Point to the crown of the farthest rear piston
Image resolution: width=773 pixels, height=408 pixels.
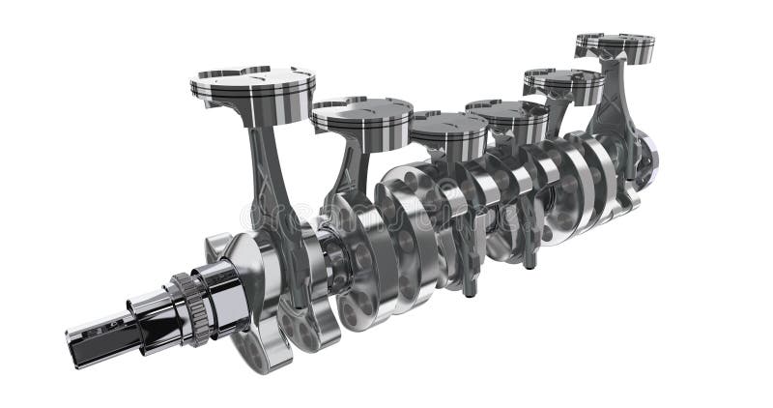(x=616, y=41)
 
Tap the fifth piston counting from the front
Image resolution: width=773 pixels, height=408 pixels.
(x=564, y=84)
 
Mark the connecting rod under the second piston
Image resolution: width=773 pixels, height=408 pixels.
(x=344, y=174)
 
